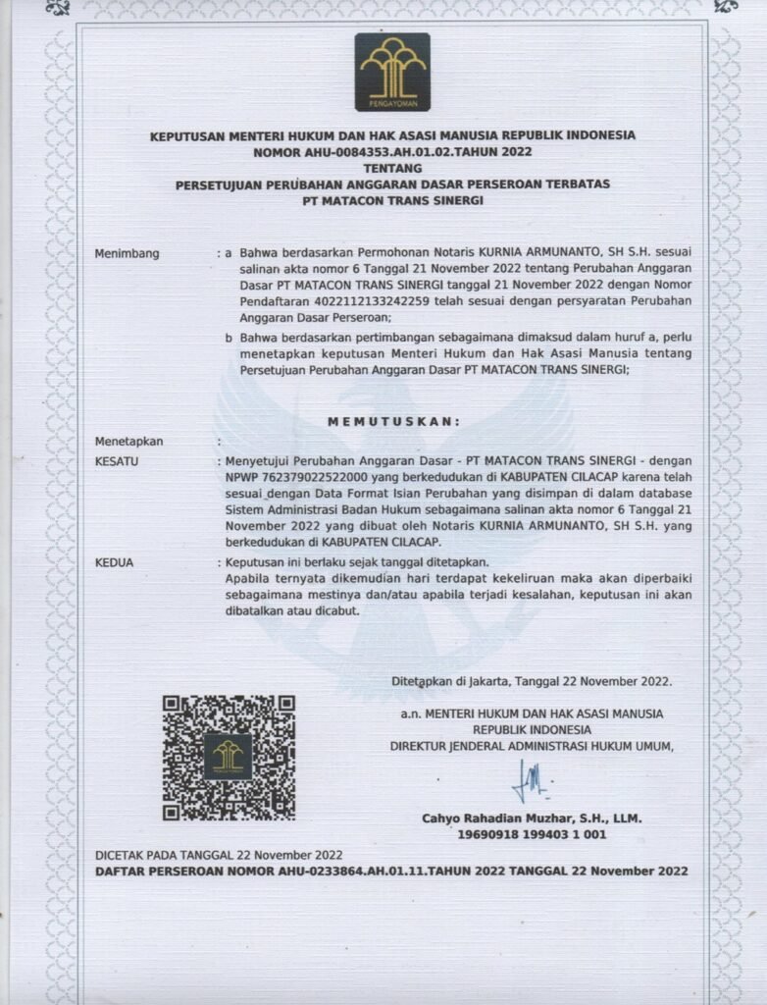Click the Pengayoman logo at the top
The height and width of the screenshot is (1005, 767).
[392, 72]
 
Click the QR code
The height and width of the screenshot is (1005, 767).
[229, 757]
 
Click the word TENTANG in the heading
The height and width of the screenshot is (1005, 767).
[391, 168]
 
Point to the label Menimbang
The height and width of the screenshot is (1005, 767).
[127, 253]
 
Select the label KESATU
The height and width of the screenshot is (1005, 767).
[116, 459]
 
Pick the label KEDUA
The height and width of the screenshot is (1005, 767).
[114, 562]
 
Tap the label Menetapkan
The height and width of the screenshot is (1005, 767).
[128, 442]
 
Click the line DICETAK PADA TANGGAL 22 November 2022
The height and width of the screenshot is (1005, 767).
[219, 854]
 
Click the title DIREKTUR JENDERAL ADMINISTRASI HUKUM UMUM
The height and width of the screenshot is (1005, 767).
[532, 746]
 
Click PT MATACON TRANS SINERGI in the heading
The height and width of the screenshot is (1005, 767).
[392, 200]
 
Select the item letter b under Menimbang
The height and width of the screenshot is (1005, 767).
[228, 337]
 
